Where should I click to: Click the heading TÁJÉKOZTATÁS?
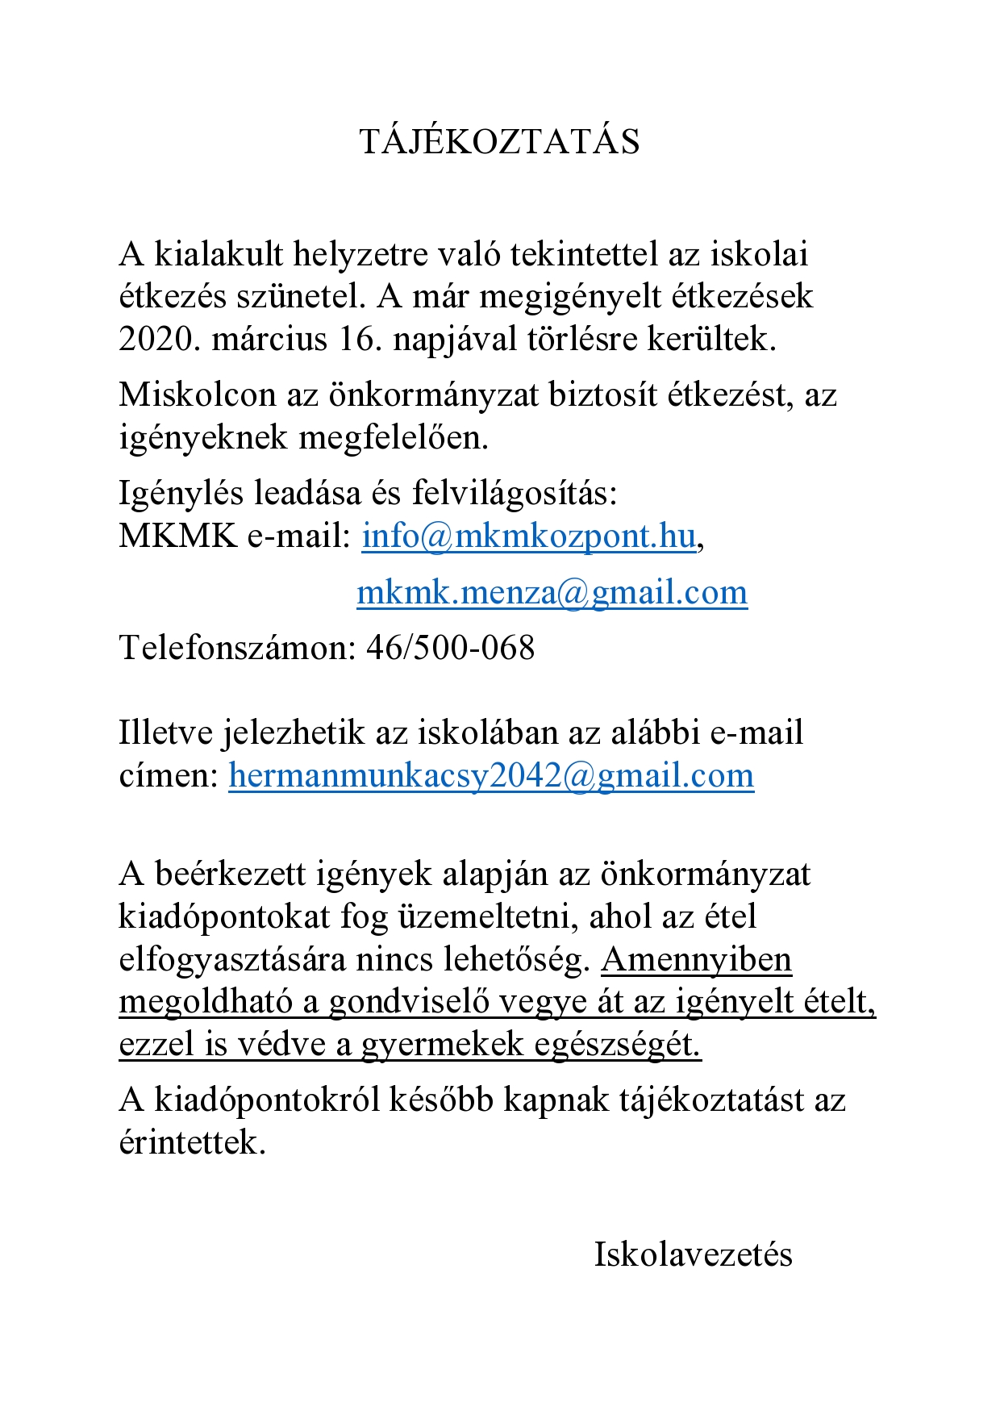(x=499, y=142)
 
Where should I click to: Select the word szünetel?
(x=301, y=297)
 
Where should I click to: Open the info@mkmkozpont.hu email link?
(x=528, y=536)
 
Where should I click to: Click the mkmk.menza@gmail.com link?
(x=552, y=592)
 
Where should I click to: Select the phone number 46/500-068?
(x=450, y=648)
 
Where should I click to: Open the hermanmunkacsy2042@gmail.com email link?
(x=491, y=775)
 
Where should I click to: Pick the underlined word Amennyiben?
(x=696, y=960)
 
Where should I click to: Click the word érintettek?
(x=192, y=1142)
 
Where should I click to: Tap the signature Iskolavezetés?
(x=693, y=1254)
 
